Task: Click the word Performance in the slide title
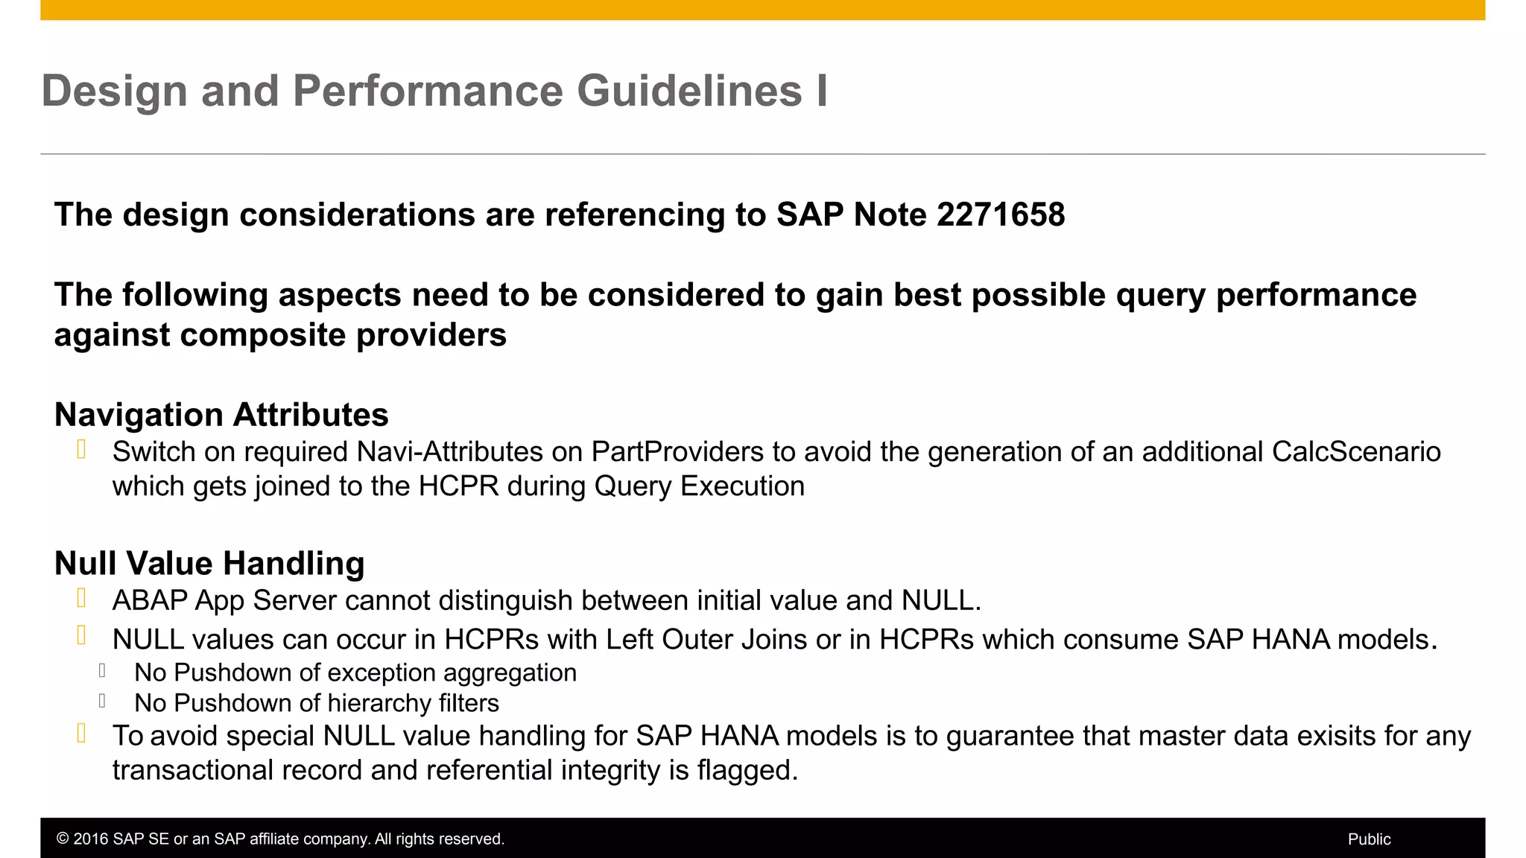[428, 92]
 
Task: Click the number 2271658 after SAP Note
[1001, 215]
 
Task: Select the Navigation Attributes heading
[221, 415]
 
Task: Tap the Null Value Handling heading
[209, 564]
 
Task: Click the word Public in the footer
[1369, 839]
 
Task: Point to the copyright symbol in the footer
[63, 839]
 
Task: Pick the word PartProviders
[677, 452]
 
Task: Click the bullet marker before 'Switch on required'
[82, 450]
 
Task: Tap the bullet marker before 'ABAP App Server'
[82, 598]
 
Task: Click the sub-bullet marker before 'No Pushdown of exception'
[102, 670]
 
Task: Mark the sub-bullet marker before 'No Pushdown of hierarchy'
[102, 701]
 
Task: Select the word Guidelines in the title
[689, 92]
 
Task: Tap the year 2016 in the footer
[90, 839]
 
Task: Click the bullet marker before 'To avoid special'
[82, 734]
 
